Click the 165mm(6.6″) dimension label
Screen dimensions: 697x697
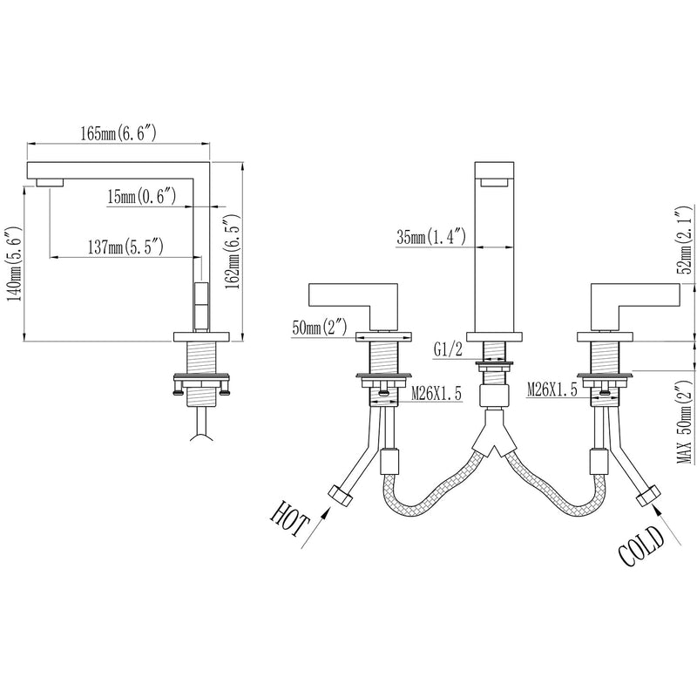[x=118, y=134]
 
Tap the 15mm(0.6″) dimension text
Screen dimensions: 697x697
[x=142, y=197]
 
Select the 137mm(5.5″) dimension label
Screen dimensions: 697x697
[x=125, y=247]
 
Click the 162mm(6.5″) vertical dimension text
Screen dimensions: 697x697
[x=233, y=252]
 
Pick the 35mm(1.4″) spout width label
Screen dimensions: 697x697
[x=431, y=237]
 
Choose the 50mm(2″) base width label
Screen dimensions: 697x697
[x=319, y=328]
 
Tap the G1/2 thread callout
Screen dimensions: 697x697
[x=448, y=350]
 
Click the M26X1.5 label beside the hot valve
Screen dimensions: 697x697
[x=436, y=393]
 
